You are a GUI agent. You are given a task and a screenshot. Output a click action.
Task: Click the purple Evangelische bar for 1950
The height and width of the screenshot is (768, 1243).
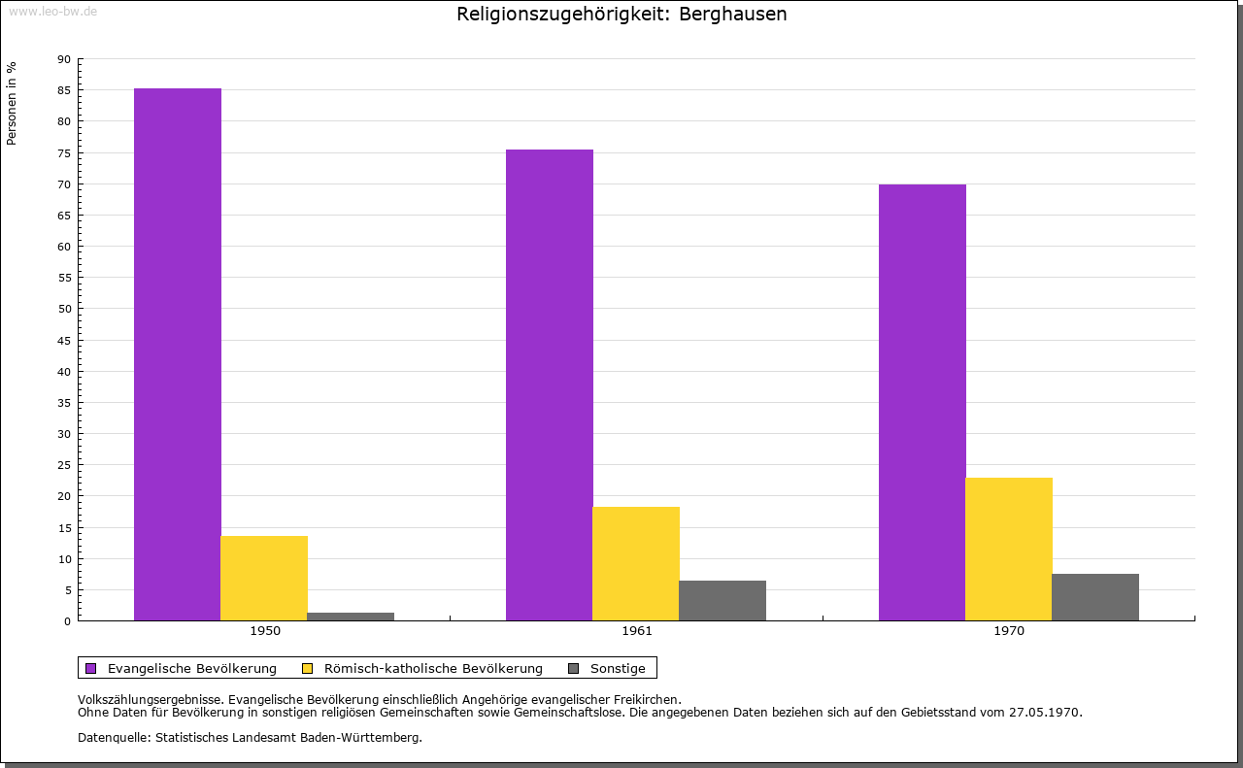point(178,354)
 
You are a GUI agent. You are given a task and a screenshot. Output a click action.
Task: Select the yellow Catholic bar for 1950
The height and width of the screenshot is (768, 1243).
point(264,578)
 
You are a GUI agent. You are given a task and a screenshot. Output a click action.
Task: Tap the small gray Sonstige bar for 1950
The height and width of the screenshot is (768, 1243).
point(351,616)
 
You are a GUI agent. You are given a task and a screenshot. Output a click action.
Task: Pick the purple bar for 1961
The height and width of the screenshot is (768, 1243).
point(550,384)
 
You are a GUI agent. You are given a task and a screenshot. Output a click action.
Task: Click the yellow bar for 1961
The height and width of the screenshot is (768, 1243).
point(636,563)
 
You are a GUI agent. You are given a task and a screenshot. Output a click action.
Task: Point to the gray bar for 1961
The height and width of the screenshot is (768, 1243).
point(722,600)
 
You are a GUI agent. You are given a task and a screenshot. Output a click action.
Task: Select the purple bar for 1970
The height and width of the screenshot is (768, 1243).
point(923,402)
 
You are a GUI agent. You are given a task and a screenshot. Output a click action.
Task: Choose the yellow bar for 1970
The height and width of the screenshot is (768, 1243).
point(1009,549)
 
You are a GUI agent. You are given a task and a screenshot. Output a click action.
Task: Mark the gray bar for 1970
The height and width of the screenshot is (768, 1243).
point(1095,596)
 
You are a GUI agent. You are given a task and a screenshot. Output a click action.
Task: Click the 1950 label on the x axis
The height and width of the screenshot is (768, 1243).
point(265,631)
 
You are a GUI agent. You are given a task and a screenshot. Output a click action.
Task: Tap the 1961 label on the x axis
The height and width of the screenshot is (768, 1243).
point(637,631)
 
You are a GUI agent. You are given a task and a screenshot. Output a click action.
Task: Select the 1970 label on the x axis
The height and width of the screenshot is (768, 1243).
point(1009,631)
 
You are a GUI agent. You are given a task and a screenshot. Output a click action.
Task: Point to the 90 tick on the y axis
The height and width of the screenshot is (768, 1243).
point(64,59)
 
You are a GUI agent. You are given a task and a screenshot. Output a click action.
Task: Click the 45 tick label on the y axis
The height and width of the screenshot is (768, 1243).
point(64,341)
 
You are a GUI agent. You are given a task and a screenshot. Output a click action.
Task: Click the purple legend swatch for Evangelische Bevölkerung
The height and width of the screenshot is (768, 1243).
point(91,668)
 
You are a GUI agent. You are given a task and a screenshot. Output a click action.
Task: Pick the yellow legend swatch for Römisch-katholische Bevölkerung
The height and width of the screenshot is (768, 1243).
point(308,668)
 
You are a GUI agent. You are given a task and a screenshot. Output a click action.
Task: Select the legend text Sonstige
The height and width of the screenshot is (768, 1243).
point(618,668)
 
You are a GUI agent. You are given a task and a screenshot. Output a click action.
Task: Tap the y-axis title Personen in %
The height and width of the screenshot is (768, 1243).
point(12,104)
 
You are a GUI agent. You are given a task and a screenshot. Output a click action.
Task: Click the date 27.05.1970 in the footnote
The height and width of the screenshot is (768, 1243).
point(1045,712)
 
